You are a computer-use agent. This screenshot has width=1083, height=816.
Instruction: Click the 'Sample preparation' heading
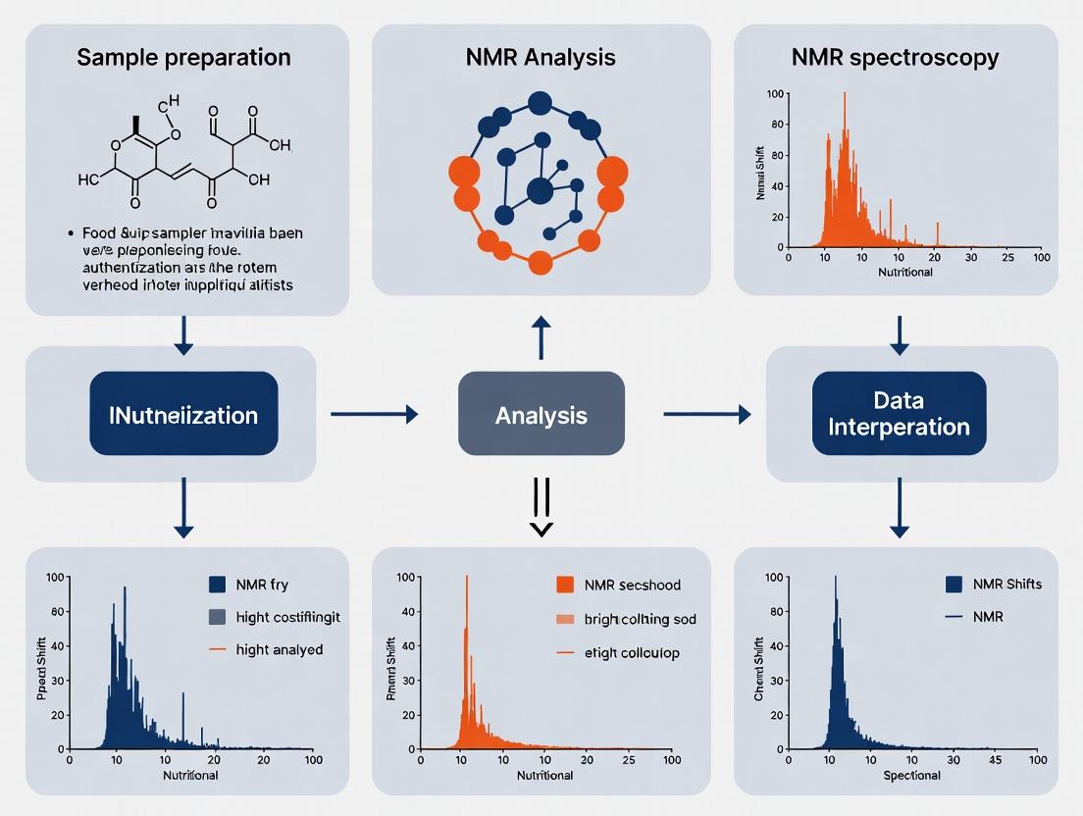pyautogui.click(x=184, y=57)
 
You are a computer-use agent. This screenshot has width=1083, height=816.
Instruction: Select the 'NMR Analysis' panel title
pyautogui.click(x=541, y=57)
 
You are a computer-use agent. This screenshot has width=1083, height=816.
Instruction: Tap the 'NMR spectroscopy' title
pyautogui.click(x=895, y=57)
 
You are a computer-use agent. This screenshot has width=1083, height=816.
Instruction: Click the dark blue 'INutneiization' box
pyautogui.click(x=183, y=414)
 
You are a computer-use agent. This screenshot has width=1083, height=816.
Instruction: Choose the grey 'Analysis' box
pyautogui.click(x=541, y=414)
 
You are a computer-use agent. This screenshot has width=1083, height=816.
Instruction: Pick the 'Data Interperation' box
pyautogui.click(x=899, y=414)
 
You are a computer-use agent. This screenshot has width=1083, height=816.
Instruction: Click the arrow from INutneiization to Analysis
pyautogui.click(x=374, y=415)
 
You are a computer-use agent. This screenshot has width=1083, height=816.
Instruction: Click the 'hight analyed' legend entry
pyautogui.click(x=279, y=649)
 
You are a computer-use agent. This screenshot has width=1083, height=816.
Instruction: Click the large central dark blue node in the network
pyautogui.click(x=540, y=190)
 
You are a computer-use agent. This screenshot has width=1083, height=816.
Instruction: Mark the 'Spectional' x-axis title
pyautogui.click(x=912, y=776)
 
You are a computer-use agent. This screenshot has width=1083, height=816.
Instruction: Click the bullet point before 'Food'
pyautogui.click(x=72, y=234)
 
